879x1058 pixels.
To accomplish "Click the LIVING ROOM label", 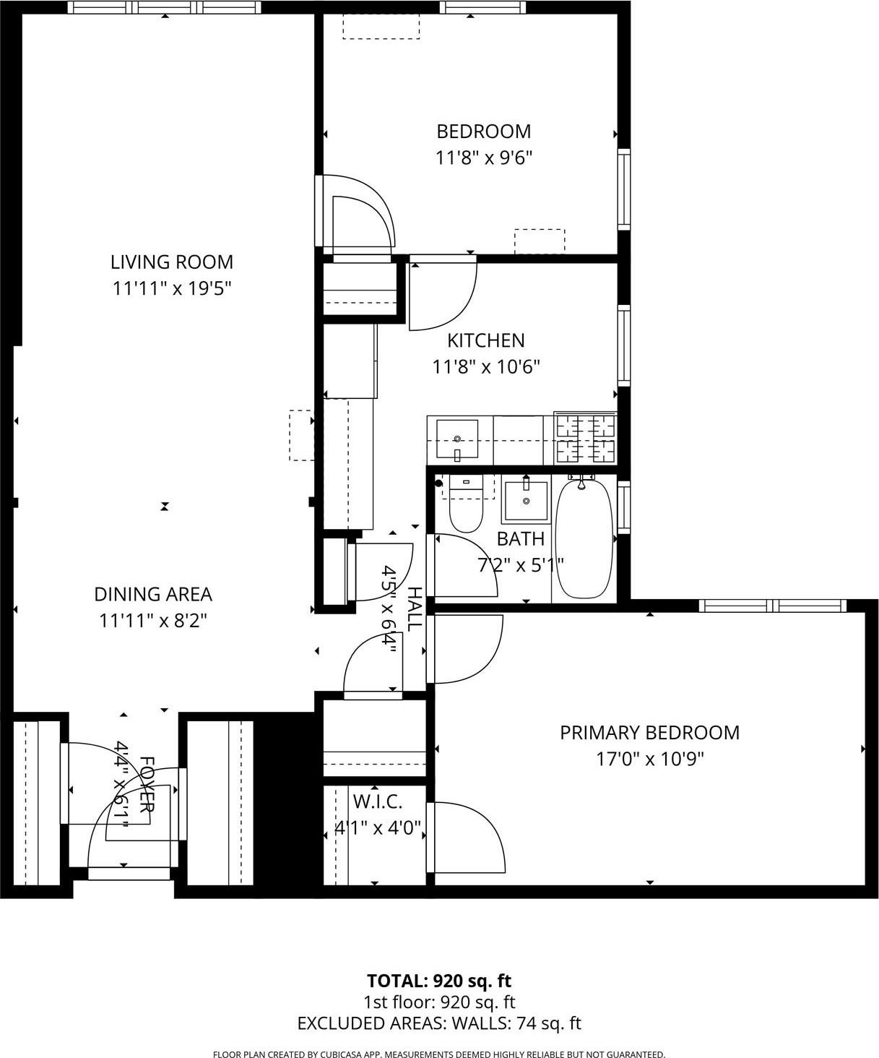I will click(x=171, y=262).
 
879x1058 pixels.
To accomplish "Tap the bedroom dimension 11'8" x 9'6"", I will click(x=483, y=158).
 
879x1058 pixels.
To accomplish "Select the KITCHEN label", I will click(x=485, y=340).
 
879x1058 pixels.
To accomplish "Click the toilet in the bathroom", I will click(x=465, y=506).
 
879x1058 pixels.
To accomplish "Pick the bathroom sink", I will click(x=526, y=500).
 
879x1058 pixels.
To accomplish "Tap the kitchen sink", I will click(x=457, y=440).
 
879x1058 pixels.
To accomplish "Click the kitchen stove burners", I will click(x=586, y=439).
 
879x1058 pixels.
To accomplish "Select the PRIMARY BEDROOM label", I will click(x=649, y=733).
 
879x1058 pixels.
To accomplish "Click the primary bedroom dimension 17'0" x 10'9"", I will click(x=649, y=759).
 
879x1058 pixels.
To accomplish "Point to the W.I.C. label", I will click(x=377, y=801).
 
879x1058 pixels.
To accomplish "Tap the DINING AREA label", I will click(x=153, y=594).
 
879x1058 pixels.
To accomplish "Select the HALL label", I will click(x=414, y=609).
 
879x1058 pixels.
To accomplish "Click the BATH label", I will click(x=520, y=538).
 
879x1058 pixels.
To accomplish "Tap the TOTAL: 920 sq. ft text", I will click(x=438, y=981).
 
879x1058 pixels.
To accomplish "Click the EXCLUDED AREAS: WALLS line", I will click(x=438, y=1023).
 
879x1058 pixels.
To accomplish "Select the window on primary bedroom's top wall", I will click(x=772, y=606).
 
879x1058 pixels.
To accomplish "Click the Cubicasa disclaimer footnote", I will click(x=438, y=1054).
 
